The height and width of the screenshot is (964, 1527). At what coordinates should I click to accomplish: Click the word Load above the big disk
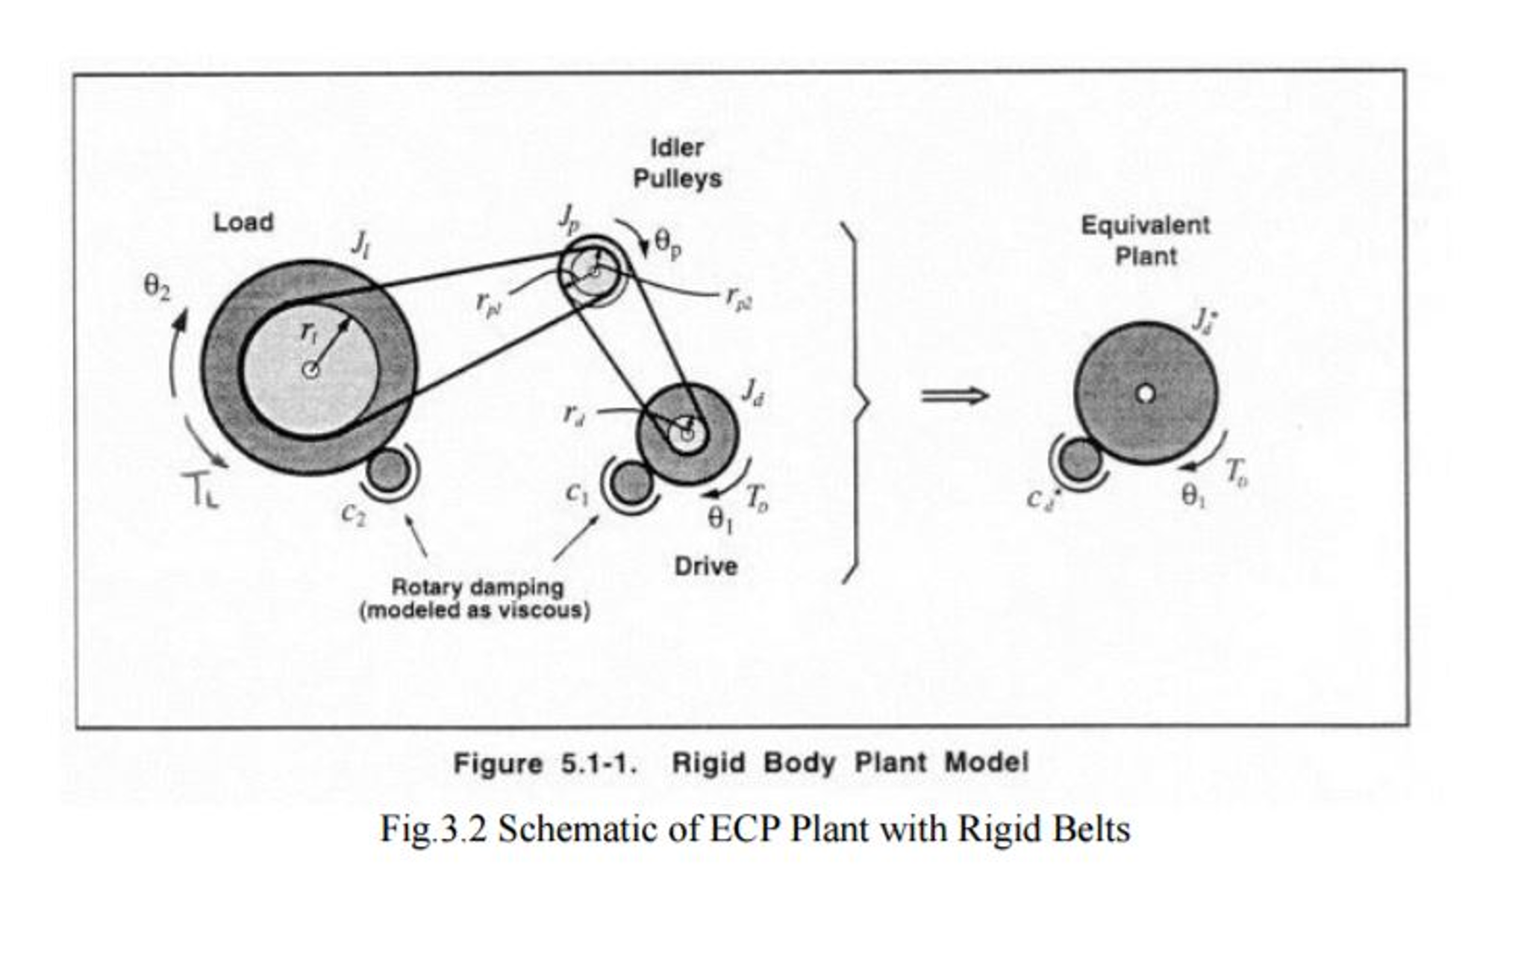243,223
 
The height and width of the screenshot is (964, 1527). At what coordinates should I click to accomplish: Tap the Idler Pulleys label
676,164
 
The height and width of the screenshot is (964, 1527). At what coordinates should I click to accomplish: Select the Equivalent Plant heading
1145,240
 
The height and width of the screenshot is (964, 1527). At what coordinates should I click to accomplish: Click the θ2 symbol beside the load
156,287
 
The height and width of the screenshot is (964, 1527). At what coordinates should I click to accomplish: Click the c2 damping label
353,513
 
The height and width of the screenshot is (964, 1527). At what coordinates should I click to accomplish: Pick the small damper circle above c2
389,470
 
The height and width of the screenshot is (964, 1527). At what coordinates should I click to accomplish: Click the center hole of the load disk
310,370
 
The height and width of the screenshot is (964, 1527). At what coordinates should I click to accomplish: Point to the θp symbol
666,243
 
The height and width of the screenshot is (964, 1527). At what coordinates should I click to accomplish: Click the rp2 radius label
738,299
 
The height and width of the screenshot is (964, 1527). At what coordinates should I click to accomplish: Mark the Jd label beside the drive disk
752,391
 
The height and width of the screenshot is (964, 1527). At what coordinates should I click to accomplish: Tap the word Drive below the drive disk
705,566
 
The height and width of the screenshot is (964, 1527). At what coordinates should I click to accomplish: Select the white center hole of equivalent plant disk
1145,394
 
